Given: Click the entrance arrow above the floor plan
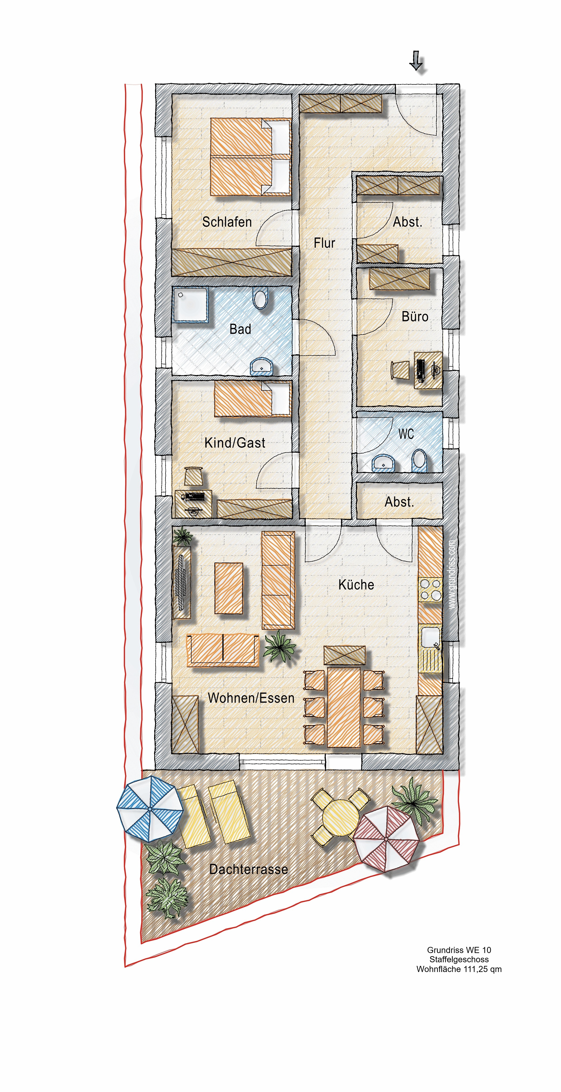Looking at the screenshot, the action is pyautogui.click(x=416, y=60).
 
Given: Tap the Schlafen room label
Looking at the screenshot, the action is pyautogui.click(x=227, y=222).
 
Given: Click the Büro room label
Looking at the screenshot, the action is pyautogui.click(x=415, y=316).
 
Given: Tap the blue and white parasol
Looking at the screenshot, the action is pyautogui.click(x=150, y=810).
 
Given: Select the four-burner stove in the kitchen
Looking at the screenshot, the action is pyautogui.click(x=430, y=590).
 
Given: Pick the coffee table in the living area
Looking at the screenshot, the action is pyautogui.click(x=229, y=588).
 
